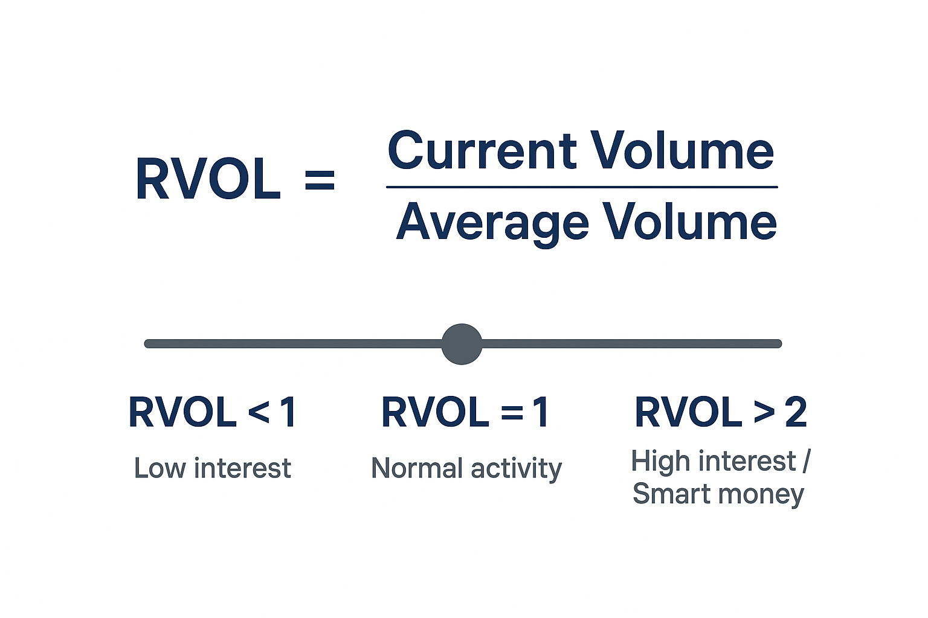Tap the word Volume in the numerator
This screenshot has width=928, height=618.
pos(682,151)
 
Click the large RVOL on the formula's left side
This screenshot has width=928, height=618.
pos(208,179)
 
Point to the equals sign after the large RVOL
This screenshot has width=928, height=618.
pos(320,179)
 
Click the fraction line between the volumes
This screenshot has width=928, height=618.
pos(581,187)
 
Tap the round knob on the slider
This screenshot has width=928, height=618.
pos(462,344)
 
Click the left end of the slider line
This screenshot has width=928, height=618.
pos(149,344)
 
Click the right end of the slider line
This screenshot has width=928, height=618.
pos(778,344)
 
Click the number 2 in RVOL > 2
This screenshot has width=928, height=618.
pos(796,413)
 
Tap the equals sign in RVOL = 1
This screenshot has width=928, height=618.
pos(512,413)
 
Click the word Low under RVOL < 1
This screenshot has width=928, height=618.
pos(159,468)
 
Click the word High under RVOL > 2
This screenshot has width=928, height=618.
pos(660,462)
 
